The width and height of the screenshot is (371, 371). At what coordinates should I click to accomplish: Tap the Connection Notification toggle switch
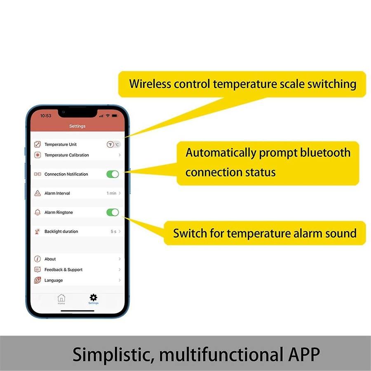point(113,174)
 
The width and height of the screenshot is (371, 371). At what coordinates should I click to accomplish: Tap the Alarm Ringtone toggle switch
point(113,212)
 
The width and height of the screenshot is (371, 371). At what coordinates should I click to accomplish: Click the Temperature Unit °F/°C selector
point(113,144)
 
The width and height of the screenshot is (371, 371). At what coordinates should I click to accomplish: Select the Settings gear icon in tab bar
point(94,298)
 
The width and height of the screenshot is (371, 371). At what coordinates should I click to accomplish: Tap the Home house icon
point(61,298)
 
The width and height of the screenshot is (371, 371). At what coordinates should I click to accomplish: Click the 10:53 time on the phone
point(46,116)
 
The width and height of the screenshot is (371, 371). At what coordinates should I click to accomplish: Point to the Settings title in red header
point(77,126)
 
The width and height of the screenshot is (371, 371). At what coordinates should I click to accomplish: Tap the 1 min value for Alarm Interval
point(111,193)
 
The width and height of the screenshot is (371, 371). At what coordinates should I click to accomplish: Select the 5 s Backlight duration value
point(113,232)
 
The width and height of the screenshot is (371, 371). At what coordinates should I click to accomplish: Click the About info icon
point(38,259)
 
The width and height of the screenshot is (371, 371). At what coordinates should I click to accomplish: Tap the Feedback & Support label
point(63,270)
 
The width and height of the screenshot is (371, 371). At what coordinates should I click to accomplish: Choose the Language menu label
point(54,280)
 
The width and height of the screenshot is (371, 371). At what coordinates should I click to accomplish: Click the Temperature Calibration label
point(67,155)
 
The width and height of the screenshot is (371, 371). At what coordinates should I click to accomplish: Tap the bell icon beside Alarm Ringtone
point(38,212)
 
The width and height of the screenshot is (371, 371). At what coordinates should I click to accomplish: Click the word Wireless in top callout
point(149,84)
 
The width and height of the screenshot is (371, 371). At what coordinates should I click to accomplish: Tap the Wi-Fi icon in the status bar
point(108,116)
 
